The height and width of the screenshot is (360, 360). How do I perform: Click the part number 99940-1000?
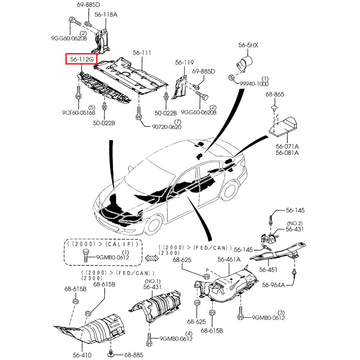coord(254,83)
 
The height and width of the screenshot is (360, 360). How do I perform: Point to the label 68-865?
coord(275,94)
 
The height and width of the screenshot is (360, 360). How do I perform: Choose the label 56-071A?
coord(287,146)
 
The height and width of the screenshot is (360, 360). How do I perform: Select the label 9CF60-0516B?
coord(79,113)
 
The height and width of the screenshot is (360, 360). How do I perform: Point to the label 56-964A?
coord(274,284)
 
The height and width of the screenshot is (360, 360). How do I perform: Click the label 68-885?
coord(133,355)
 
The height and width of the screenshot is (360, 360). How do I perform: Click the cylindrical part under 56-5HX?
coord(246,62)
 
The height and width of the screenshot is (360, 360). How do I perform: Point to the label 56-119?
coord(184,63)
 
